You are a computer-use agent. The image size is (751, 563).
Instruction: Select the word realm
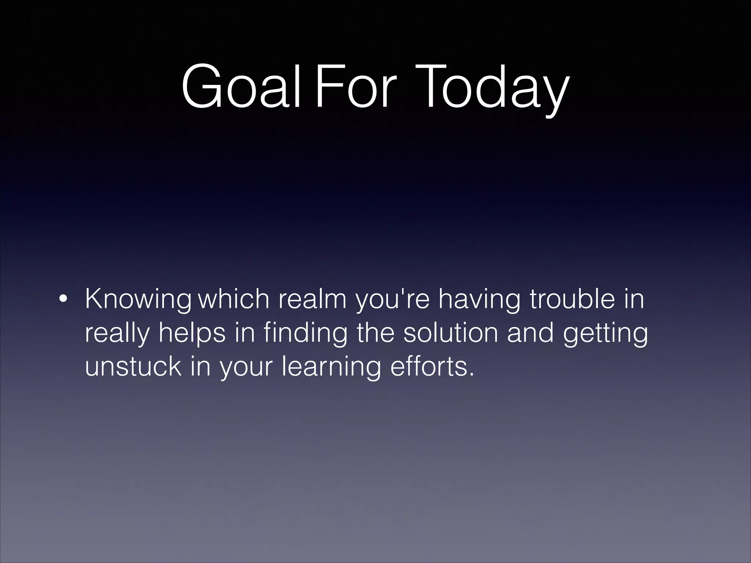(312, 299)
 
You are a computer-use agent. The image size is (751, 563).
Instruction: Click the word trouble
(572, 299)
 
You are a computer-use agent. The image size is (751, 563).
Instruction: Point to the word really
(117, 334)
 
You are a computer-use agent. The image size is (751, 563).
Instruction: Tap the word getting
(605, 334)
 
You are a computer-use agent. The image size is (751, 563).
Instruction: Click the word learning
(331, 367)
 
